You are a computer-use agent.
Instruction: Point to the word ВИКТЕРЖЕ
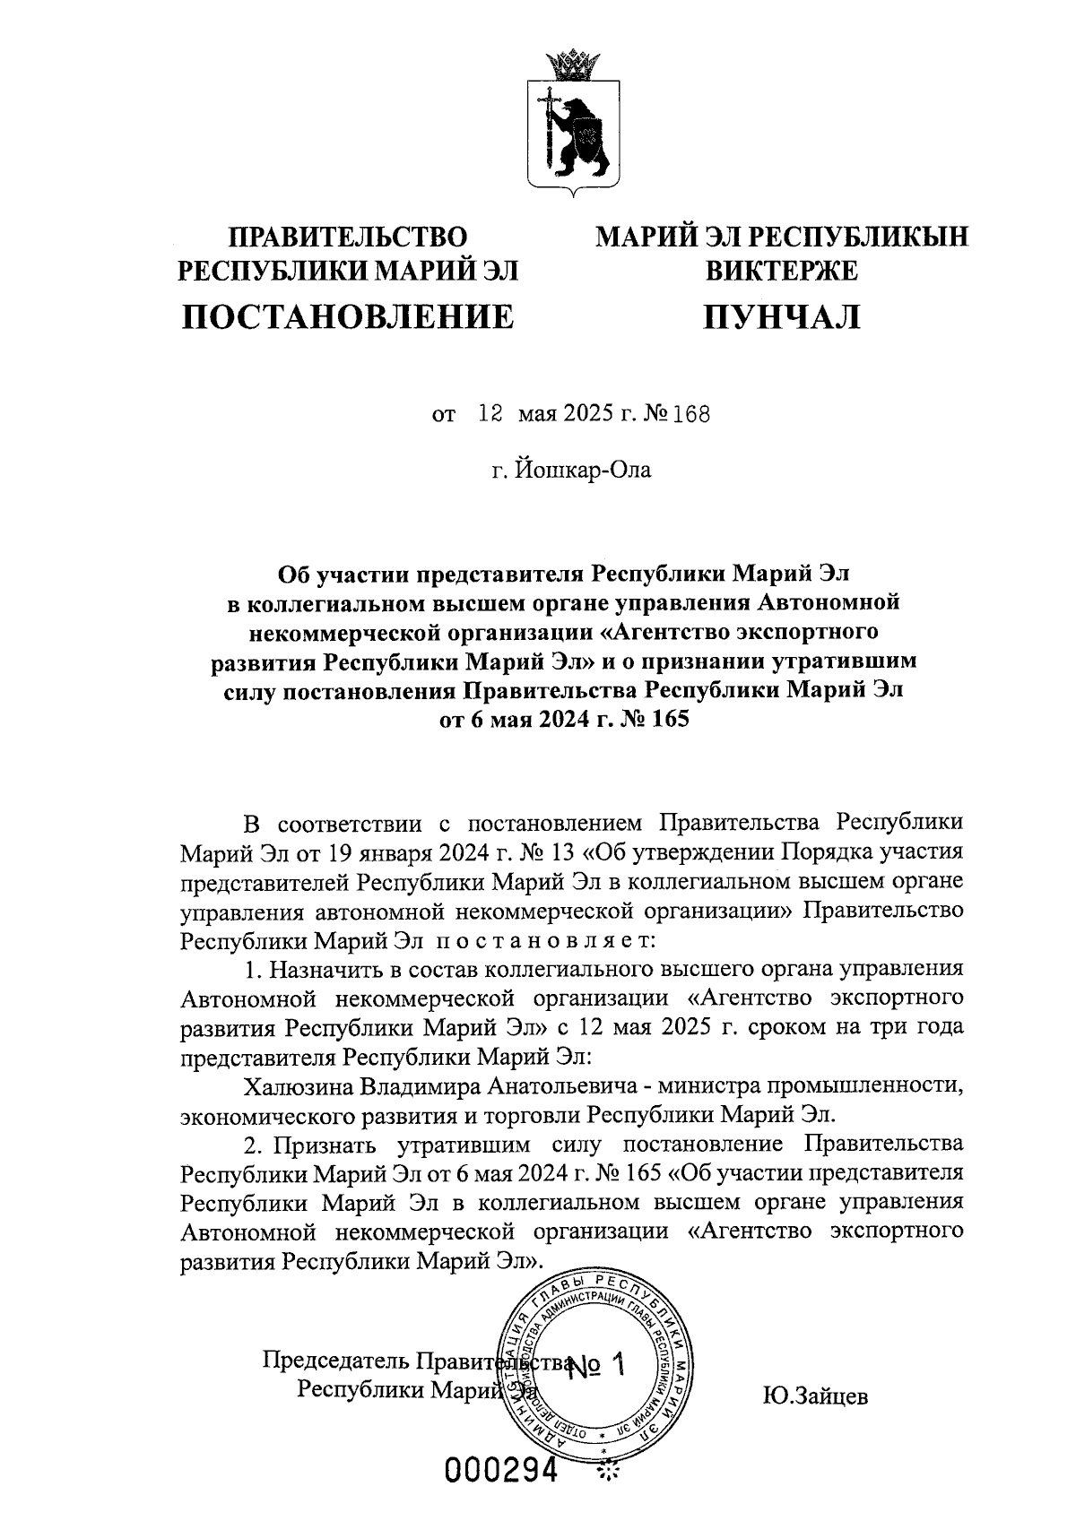click(x=781, y=269)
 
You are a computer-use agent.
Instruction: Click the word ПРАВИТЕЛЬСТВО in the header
click(x=349, y=237)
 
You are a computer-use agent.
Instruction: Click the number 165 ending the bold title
click(x=668, y=719)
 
